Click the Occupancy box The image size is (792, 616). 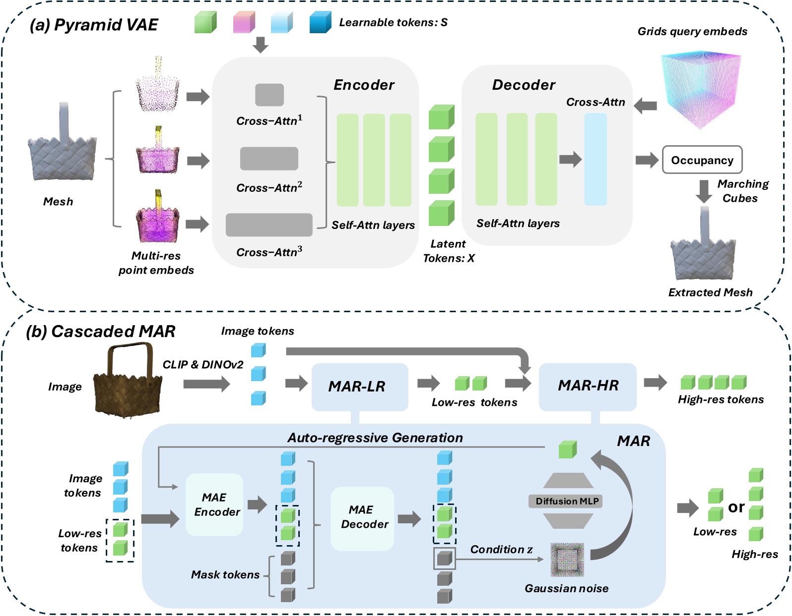click(702, 160)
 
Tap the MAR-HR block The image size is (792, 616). click(588, 386)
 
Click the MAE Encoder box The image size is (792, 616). click(215, 504)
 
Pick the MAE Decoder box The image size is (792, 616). click(362, 518)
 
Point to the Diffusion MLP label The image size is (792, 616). click(567, 501)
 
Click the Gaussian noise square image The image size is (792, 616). click(567, 560)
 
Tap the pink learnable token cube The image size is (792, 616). click(244, 23)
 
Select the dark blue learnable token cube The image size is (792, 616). click(320, 23)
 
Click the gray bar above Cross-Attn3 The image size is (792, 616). click(269, 225)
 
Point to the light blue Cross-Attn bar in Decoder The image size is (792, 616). click(595, 159)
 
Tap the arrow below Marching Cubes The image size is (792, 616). click(704, 191)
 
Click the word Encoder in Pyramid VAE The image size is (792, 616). click(364, 85)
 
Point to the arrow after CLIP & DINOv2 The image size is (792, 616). click(206, 384)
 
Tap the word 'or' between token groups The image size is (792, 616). click(736, 507)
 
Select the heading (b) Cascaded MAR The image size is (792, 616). click(101, 332)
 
